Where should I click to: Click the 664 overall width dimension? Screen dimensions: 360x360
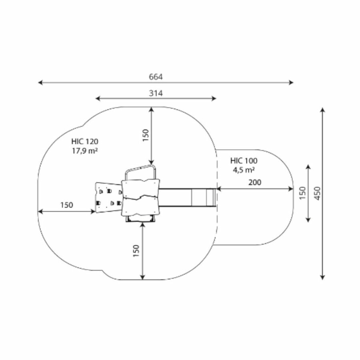coord(156,77)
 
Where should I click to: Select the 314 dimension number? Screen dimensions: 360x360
coord(156,93)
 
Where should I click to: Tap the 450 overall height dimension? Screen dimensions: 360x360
coord(318,193)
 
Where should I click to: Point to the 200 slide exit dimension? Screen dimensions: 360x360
coord(255,182)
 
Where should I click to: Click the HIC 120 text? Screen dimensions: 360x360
coord(85,142)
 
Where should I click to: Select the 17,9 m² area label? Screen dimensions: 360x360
coord(85,151)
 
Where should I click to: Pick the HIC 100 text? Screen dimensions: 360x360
coord(244,161)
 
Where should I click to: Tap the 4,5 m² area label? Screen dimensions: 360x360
coord(244,170)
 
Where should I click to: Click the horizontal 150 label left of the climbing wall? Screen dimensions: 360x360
coord(66,205)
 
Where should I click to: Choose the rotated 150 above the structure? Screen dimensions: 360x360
coord(146,136)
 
